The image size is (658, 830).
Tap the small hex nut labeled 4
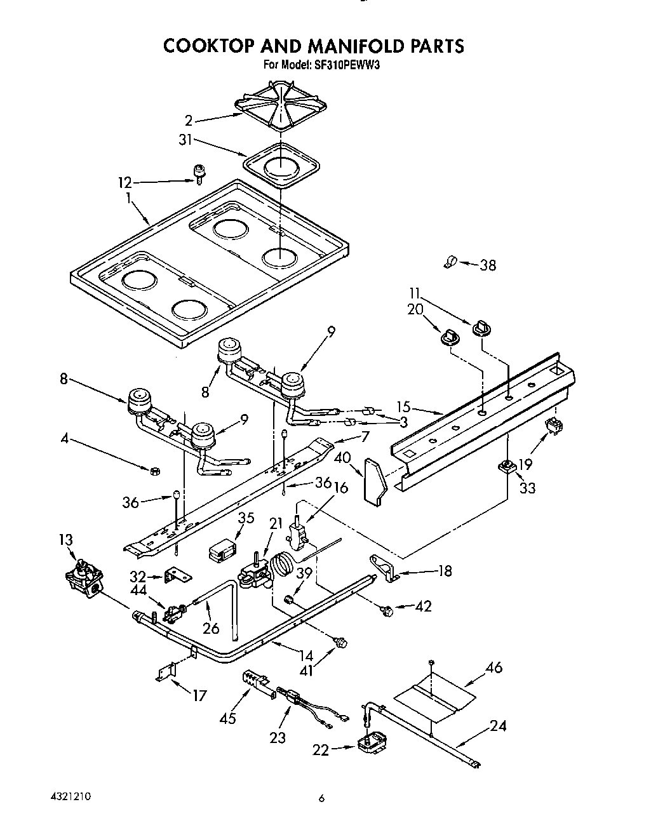tap(153, 471)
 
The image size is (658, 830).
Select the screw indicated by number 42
tap(385, 610)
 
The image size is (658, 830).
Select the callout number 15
tap(403, 407)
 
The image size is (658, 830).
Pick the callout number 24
tap(499, 725)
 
